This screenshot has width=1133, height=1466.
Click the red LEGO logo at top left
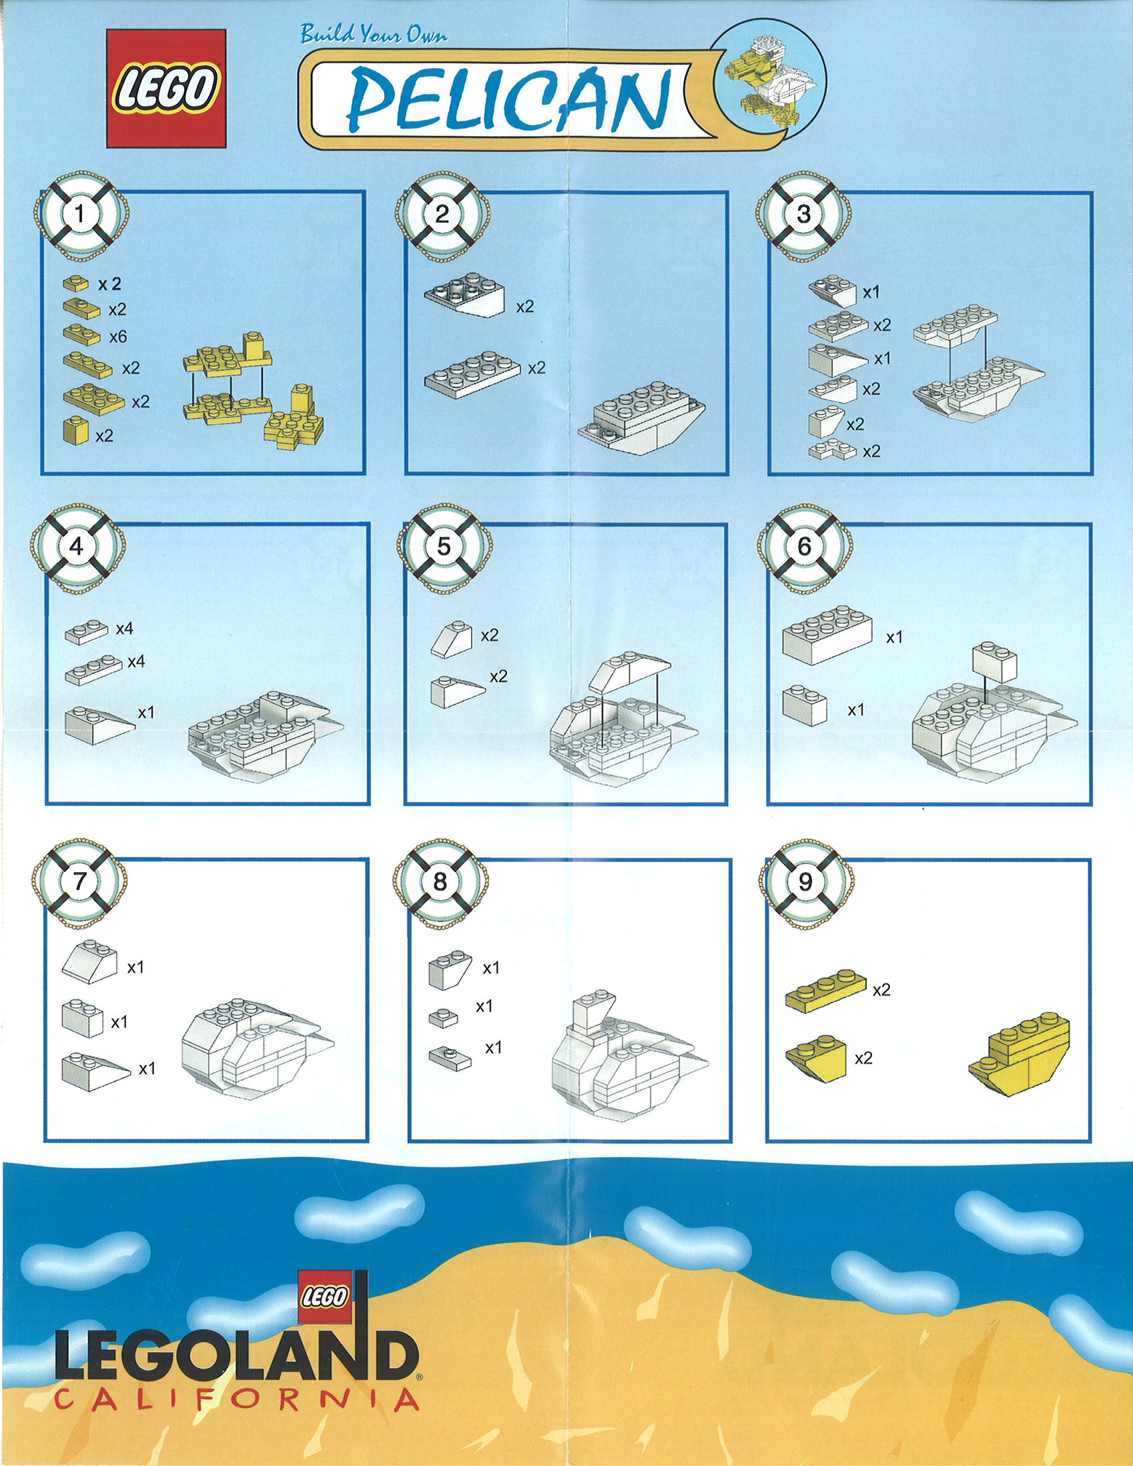point(166,88)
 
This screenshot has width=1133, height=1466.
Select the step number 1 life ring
point(80,215)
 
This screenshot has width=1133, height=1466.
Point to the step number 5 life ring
point(444,546)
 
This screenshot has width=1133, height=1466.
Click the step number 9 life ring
point(805,881)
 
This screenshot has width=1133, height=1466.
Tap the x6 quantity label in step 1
point(118,336)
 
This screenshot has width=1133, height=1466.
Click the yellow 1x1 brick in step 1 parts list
point(76,430)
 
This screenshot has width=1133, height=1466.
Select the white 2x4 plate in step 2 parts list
point(472,374)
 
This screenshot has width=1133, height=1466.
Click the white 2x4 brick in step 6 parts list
point(827,634)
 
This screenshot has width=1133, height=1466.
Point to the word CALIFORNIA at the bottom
point(237,1399)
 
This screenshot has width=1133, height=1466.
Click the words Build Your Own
point(374,33)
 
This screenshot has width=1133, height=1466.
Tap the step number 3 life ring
point(804,215)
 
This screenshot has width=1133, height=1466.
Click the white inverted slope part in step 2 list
point(464,295)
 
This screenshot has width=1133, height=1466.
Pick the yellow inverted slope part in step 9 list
point(816,1058)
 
